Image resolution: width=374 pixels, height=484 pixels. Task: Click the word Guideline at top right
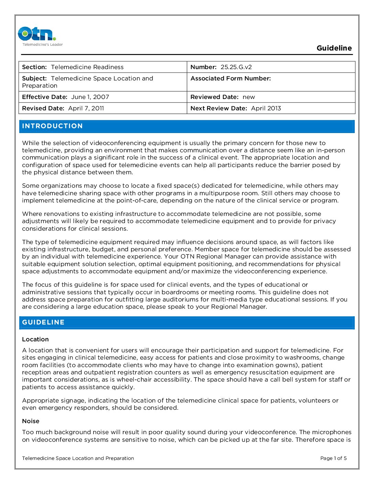[x=334, y=48]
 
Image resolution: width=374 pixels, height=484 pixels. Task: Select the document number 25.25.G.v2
[x=236, y=67]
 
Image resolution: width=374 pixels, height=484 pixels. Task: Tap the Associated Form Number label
[x=231, y=78]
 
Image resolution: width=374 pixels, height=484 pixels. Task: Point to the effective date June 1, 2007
[x=90, y=97]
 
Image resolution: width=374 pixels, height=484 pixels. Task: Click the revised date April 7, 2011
[x=86, y=108]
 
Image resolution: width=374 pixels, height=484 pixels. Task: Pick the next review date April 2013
[x=266, y=108]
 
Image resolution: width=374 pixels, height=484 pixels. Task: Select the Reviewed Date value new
[x=249, y=97]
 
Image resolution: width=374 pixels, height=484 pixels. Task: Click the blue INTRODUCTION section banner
[x=187, y=126]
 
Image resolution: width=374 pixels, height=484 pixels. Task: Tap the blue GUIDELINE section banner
[x=187, y=322]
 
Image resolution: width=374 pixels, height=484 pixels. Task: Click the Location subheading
[x=35, y=339]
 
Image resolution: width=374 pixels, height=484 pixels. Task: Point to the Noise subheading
[x=31, y=421]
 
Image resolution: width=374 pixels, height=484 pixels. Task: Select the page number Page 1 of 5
[x=333, y=458]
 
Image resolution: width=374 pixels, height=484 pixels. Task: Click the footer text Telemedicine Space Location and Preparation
[x=78, y=458]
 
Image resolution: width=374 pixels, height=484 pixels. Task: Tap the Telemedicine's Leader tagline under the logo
[x=43, y=44]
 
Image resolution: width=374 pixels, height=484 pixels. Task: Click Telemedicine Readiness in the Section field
[x=87, y=67]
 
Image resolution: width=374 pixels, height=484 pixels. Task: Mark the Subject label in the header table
[x=34, y=78]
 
